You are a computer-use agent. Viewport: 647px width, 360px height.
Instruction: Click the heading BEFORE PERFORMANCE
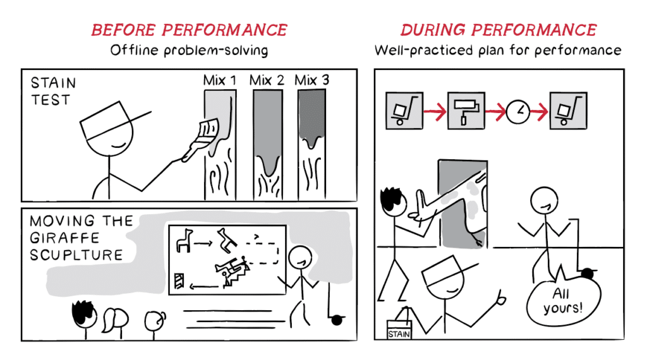pyautogui.click(x=189, y=30)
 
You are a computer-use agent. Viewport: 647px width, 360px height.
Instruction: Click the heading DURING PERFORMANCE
pyautogui.click(x=499, y=30)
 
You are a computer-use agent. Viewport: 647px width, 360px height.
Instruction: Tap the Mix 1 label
pyautogui.click(x=219, y=80)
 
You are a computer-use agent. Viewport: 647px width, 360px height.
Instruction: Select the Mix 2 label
pyautogui.click(x=267, y=80)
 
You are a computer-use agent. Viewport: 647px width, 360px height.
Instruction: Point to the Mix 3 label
pyautogui.click(x=312, y=80)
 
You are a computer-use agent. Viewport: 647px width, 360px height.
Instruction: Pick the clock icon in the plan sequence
pyautogui.click(x=518, y=111)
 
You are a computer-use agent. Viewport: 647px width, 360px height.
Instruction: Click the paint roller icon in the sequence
pyautogui.click(x=466, y=111)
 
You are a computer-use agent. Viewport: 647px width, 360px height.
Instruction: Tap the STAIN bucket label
pyautogui.click(x=399, y=334)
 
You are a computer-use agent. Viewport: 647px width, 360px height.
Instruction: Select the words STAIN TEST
pyautogui.click(x=53, y=91)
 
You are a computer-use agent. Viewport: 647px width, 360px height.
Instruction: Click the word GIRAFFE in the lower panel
pyautogui.click(x=65, y=238)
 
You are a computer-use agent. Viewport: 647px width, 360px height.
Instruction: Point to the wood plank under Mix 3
pyautogui.click(x=312, y=145)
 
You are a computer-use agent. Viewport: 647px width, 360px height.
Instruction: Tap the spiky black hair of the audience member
pyautogui.click(x=84, y=311)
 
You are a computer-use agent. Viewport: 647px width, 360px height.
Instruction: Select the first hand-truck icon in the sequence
pyautogui.click(x=404, y=111)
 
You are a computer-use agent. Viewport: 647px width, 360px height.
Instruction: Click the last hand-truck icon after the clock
pyautogui.click(x=568, y=111)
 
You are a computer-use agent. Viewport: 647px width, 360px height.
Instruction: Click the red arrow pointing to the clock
pyautogui.click(x=495, y=111)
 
